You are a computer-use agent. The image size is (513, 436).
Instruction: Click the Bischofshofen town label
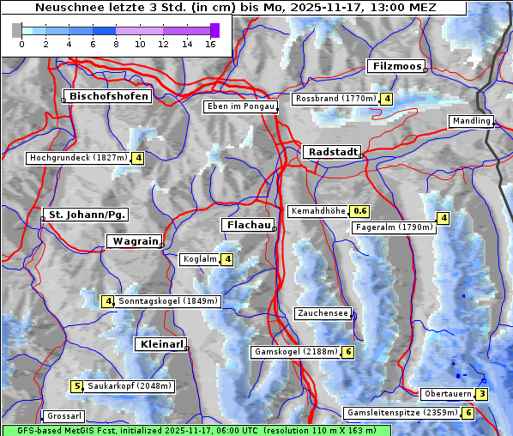coord(110,96)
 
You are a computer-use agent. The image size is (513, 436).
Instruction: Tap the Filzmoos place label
coord(395,66)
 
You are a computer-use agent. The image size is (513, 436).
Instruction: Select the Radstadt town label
coord(331,152)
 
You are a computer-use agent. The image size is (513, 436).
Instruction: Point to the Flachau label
coord(248,225)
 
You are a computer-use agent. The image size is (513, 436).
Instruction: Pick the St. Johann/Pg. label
coord(87,214)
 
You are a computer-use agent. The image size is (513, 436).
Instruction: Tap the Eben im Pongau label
coord(239,106)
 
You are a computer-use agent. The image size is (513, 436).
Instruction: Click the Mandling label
coord(470,121)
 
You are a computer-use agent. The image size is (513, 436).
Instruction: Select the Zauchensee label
coord(322,313)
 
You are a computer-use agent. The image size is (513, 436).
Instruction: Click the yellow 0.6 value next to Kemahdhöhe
coord(359,211)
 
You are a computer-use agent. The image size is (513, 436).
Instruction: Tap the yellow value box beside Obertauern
coord(482,394)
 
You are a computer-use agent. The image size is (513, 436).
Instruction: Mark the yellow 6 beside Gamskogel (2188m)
coord(349,352)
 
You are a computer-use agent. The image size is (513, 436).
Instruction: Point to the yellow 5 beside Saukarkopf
coord(76,386)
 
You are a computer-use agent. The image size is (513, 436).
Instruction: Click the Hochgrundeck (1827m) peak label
coord(78,158)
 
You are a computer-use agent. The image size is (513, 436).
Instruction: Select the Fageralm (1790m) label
coord(394,227)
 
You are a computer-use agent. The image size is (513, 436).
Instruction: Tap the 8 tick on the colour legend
coord(116,44)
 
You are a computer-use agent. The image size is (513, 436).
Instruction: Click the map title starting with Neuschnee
coord(234,8)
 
